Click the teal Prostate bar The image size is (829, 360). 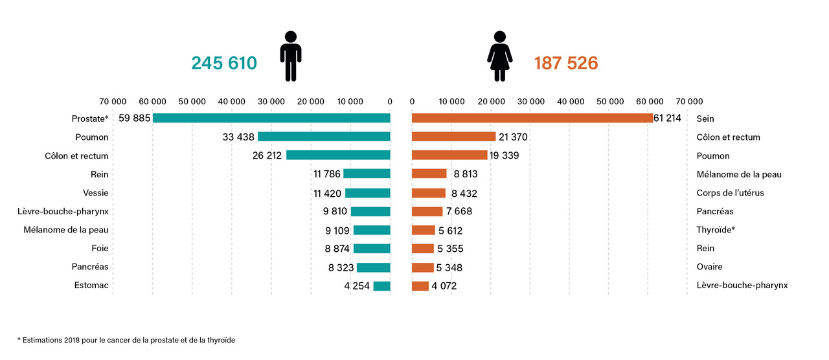point(271,118)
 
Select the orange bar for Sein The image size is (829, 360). point(532,118)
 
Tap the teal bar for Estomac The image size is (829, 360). point(382,286)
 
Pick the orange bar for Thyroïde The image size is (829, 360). point(424,230)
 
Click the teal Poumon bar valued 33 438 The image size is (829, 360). point(324,137)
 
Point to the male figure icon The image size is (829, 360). point(291,56)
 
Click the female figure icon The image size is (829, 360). point(499,56)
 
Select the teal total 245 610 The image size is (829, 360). point(224,63)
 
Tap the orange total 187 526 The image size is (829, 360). point(566,63)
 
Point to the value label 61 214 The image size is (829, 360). point(668,118)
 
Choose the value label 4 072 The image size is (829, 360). point(444,286)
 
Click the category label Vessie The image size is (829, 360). point(95,193)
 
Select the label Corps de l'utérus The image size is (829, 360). point(730,193)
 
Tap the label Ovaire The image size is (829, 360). point(709,267)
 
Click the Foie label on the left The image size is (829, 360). point(100,248)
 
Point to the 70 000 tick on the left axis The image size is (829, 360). point(113,102)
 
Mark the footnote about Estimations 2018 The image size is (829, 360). point(126,340)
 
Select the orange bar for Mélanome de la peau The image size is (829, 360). point(429,174)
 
